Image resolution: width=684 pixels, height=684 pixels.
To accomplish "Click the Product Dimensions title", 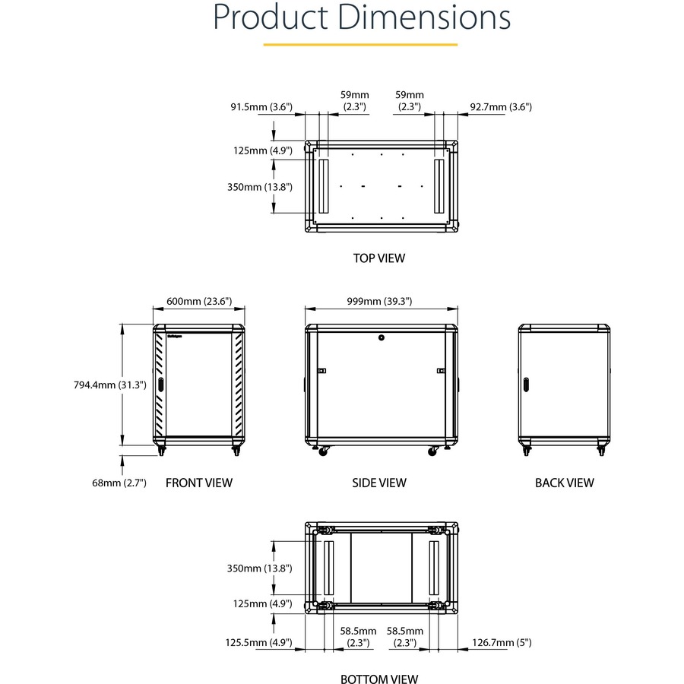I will click(x=361, y=17).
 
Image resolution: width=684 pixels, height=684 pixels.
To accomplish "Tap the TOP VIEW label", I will click(x=379, y=258).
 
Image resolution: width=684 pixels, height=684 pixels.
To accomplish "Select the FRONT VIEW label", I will click(x=199, y=482).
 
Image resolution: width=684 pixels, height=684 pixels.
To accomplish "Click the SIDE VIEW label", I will click(x=379, y=482).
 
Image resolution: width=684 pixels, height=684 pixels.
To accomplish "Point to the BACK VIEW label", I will click(x=564, y=482).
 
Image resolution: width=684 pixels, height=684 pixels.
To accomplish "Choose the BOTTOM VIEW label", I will click(x=379, y=679).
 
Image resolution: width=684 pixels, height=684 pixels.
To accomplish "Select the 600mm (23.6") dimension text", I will click(x=199, y=301).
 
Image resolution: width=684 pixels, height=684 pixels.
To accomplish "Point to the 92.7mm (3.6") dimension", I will click(x=500, y=106).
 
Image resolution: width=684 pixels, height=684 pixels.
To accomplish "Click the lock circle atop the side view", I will click(x=381, y=337).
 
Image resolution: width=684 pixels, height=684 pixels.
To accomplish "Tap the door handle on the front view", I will click(x=161, y=385).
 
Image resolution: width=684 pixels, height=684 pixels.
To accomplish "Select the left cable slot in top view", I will click(x=322, y=185).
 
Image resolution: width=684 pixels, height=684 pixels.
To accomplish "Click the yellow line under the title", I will click(x=360, y=45).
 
